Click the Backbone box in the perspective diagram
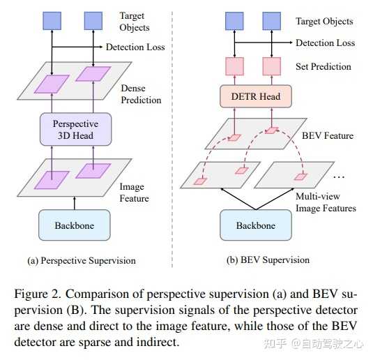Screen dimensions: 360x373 pyautogui.click(x=75, y=225)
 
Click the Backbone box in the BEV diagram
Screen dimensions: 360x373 pyautogui.click(x=256, y=225)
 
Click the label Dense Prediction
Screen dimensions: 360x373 pyautogui.click(x=141, y=95)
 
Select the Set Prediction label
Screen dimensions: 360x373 pyautogui.click(x=323, y=67)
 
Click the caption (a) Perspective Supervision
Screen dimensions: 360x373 pyautogui.click(x=82, y=260)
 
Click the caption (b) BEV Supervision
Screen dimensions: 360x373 pyautogui.click(x=268, y=260)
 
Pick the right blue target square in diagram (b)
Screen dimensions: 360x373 pyautogui.click(x=272, y=20)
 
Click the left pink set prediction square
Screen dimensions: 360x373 pyautogui.click(x=232, y=67)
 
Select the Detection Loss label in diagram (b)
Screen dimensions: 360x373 pyautogui.click(x=325, y=43)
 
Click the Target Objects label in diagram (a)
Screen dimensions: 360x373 pyautogui.click(x=135, y=21)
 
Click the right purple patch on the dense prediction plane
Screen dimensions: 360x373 pyautogui.click(x=93, y=74)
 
